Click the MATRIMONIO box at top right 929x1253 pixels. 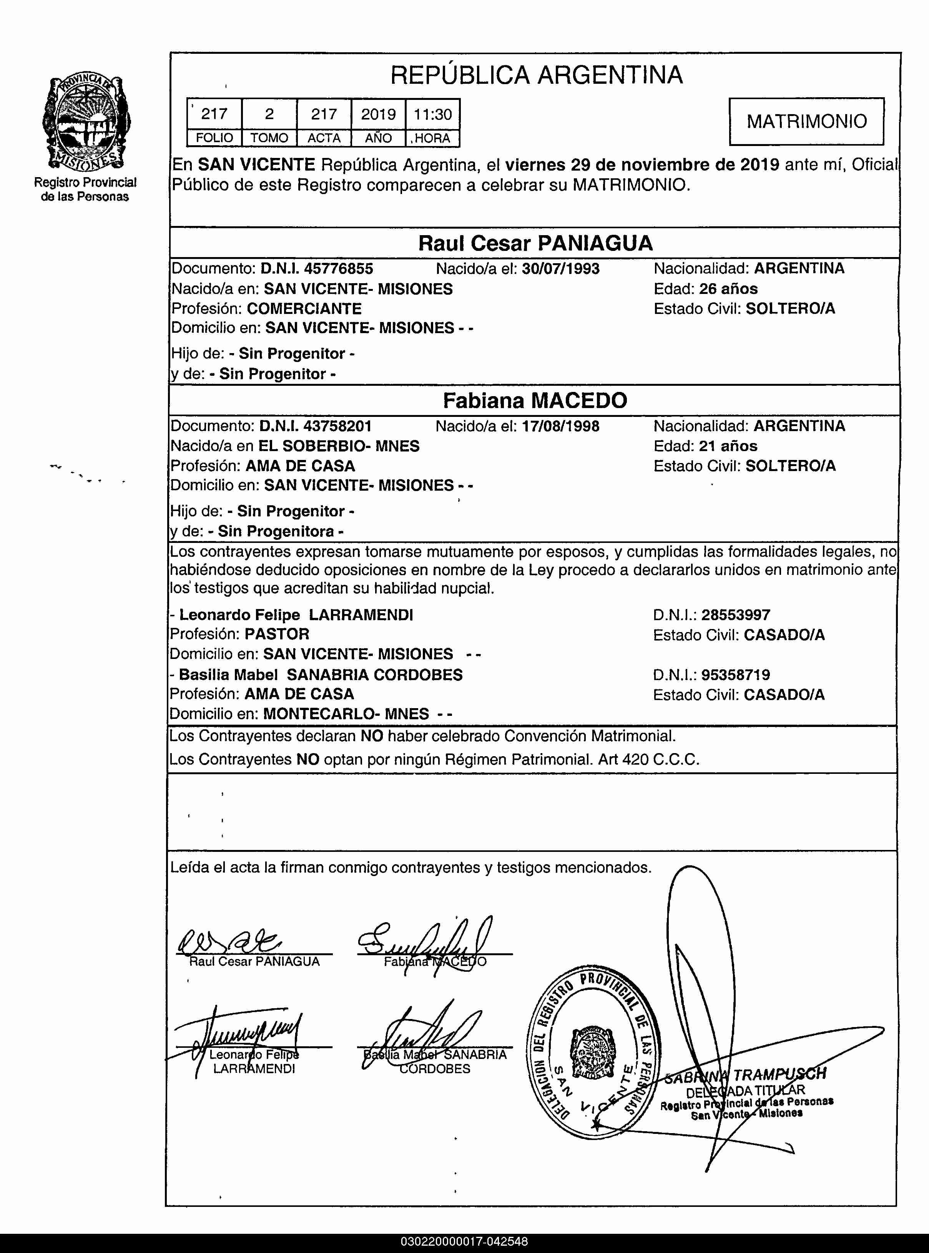coord(806,121)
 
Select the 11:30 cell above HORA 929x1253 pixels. coord(432,114)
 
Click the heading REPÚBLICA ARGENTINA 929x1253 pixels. coord(537,75)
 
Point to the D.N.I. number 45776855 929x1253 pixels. coord(339,269)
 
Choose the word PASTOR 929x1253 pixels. coord(277,634)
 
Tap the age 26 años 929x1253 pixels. coord(728,289)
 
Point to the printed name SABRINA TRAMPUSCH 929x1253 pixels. coord(746,1075)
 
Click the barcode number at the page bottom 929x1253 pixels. coord(464,1241)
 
